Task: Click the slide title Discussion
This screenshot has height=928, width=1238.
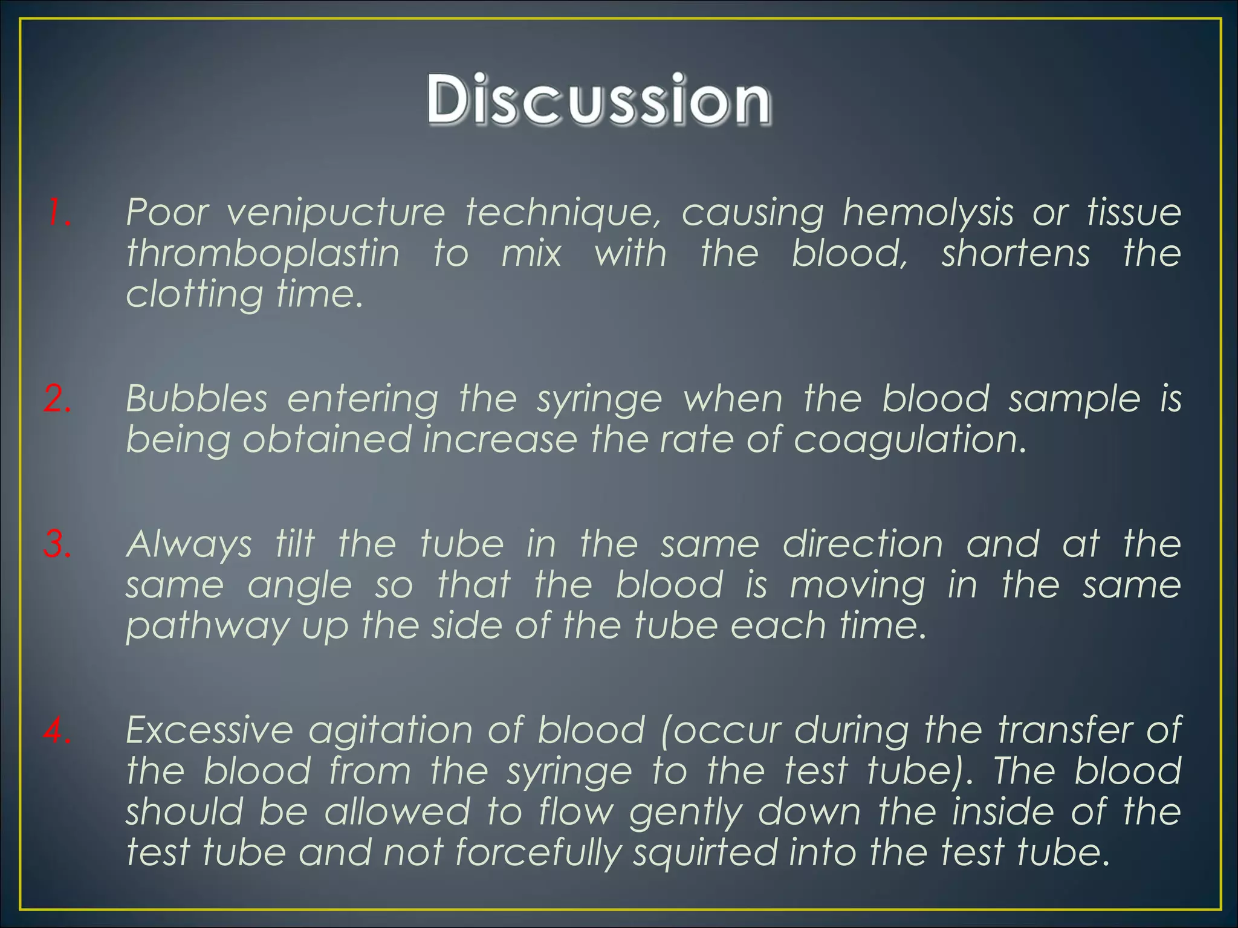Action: click(598, 100)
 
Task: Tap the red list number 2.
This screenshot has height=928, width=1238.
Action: click(57, 399)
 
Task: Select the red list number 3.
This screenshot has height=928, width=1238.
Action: click(57, 544)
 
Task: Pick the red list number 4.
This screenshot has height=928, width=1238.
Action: click(57, 730)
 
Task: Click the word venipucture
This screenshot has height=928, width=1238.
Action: click(335, 213)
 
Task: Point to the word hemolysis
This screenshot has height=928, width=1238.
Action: click(928, 213)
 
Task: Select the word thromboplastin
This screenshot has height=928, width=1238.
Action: click(263, 253)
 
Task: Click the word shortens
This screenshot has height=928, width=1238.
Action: click(1016, 253)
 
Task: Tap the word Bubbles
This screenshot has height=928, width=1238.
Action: click(196, 399)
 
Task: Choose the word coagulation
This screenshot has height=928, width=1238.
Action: click(910, 440)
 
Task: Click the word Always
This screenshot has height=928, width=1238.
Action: click(189, 544)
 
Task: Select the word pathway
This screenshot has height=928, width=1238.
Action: click(207, 627)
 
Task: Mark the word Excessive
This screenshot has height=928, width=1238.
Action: click(209, 730)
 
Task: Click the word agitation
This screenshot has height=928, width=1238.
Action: click(390, 730)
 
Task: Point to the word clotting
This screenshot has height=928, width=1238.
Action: click(194, 295)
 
